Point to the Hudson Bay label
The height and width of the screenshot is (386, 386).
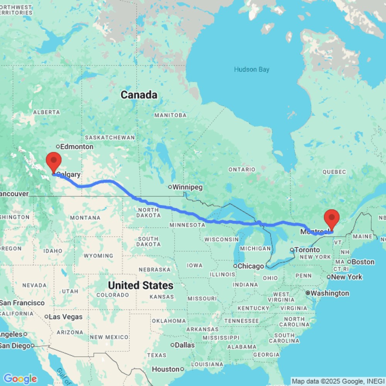click(x=252, y=69)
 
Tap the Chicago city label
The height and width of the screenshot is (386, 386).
click(x=251, y=266)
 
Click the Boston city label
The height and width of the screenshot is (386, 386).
click(x=363, y=262)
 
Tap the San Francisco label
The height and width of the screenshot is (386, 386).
click(x=22, y=303)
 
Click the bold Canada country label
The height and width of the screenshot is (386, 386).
click(x=139, y=95)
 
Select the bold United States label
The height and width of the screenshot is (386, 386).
click(x=141, y=286)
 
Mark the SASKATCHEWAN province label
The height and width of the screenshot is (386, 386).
click(x=110, y=137)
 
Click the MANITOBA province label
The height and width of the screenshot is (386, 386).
click(x=170, y=115)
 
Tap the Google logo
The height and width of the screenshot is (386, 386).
click(x=20, y=379)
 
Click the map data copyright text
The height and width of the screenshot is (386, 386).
click(x=338, y=381)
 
